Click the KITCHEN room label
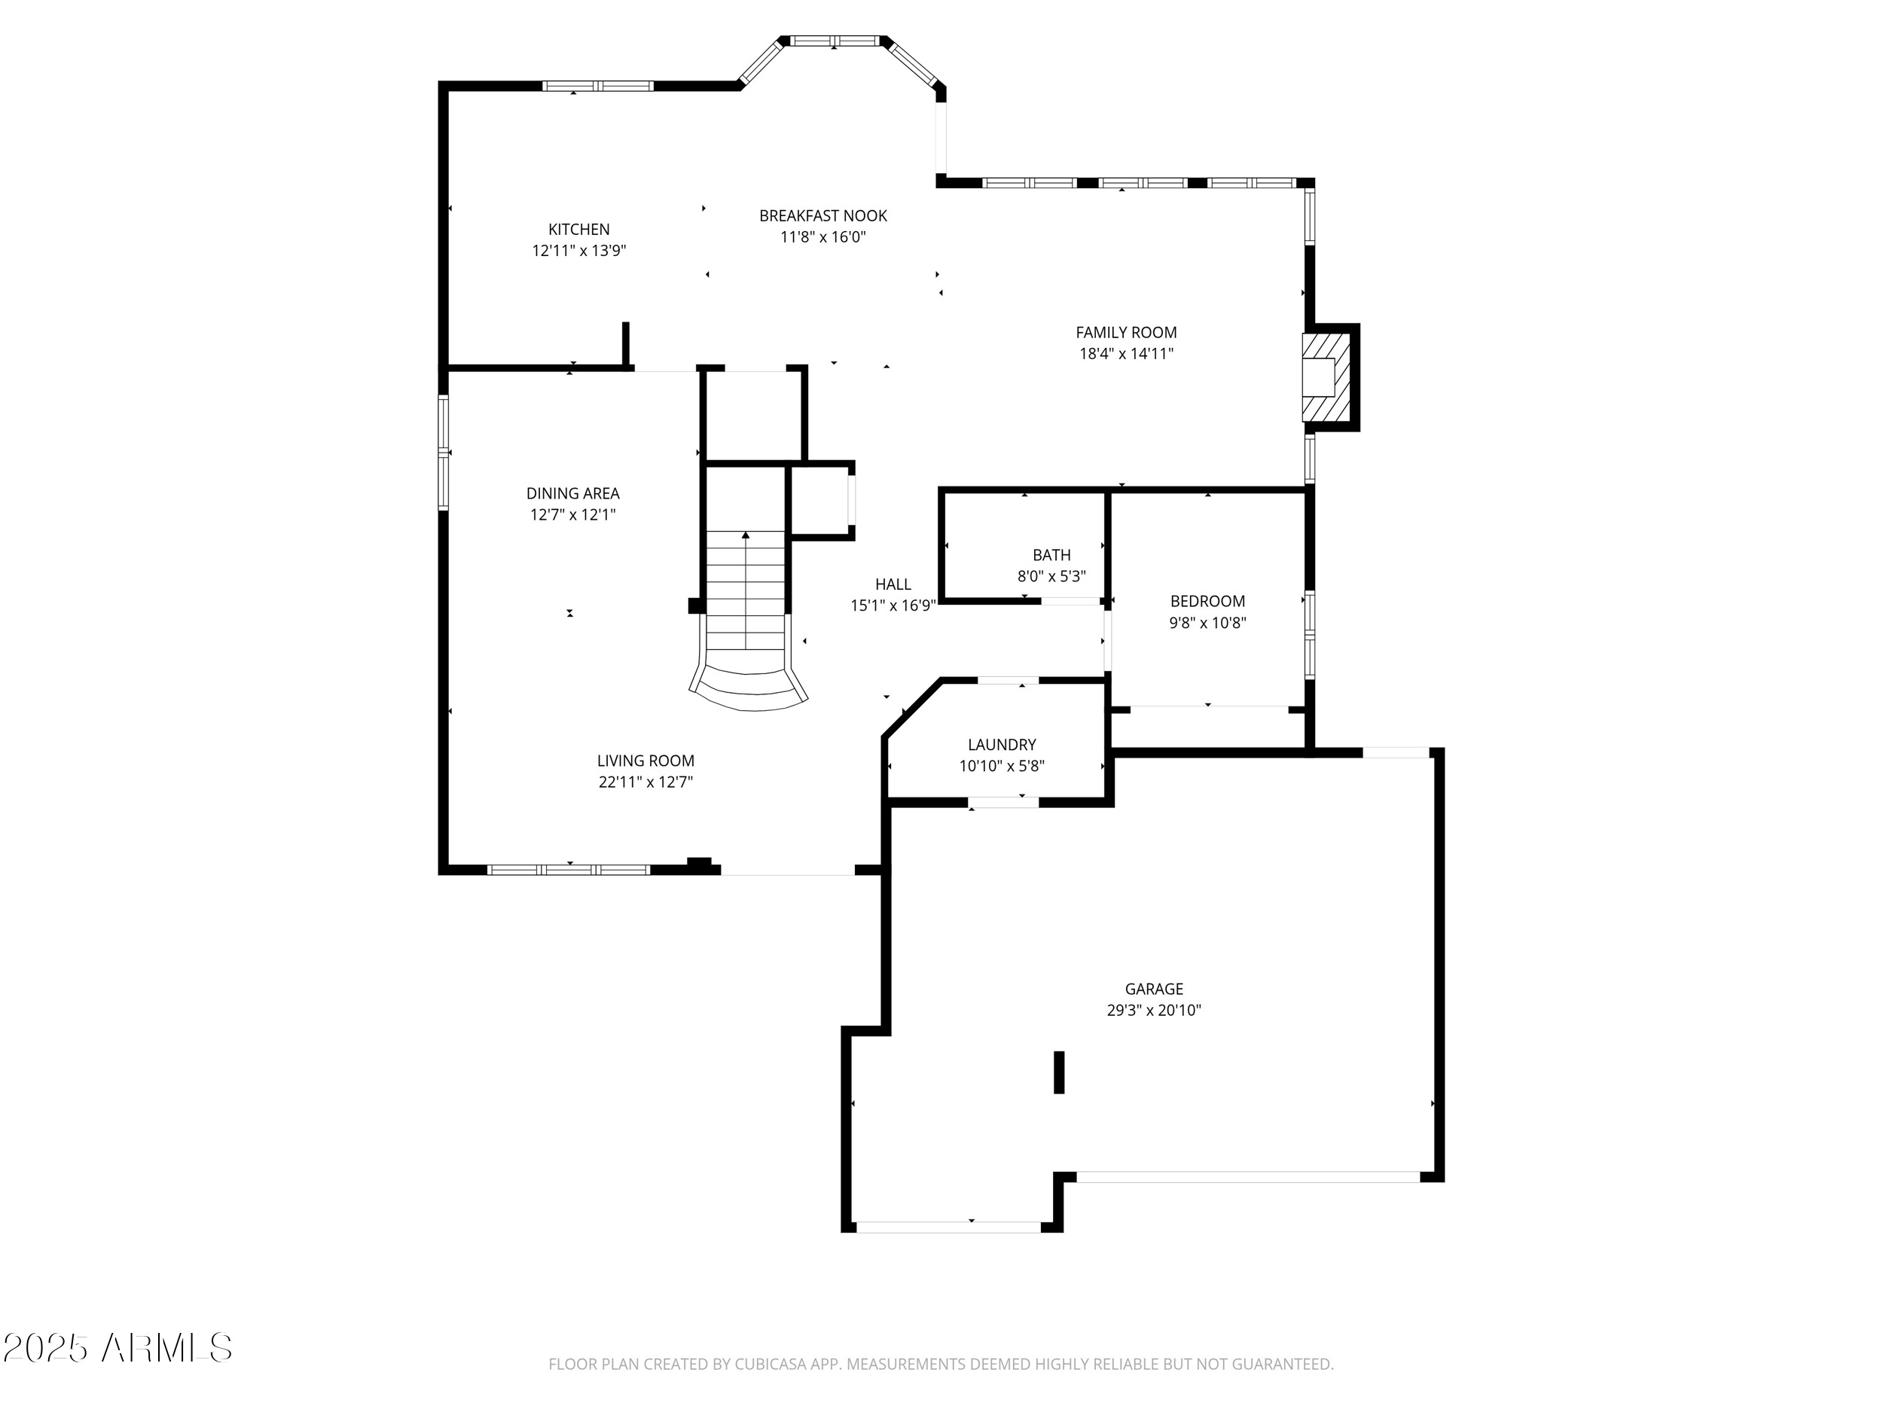tap(579, 229)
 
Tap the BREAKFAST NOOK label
tap(823, 216)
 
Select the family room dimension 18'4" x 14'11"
tap(1126, 353)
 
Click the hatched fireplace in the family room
tap(1326, 377)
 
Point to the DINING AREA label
tap(573, 493)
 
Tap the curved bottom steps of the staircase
tap(749, 685)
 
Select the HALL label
tap(893, 584)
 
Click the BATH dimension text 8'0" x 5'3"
tap(1051, 576)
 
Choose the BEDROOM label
tap(1207, 601)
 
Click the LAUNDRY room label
tap(1002, 745)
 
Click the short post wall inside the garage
tap(1059, 1072)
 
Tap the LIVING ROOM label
tap(645, 761)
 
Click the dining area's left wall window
tap(444, 453)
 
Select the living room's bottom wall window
tap(569, 870)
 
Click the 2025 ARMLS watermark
tap(117, 1347)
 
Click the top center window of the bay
tap(835, 41)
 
